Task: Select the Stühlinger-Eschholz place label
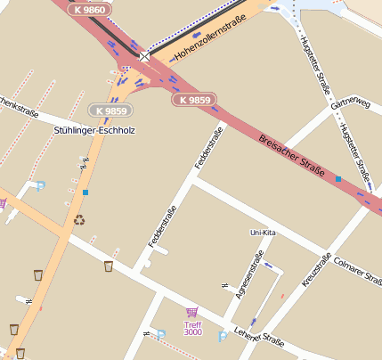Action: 93,130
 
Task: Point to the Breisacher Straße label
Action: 293,154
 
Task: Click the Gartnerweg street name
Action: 349,104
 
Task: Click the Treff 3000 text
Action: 192,328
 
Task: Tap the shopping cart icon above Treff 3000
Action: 191,312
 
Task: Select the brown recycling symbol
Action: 79,219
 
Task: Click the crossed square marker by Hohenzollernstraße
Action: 145,56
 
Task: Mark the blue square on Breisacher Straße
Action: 338,179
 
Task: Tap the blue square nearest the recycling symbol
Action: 85,192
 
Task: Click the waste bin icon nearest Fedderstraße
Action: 109,266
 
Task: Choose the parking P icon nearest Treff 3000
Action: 223,336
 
